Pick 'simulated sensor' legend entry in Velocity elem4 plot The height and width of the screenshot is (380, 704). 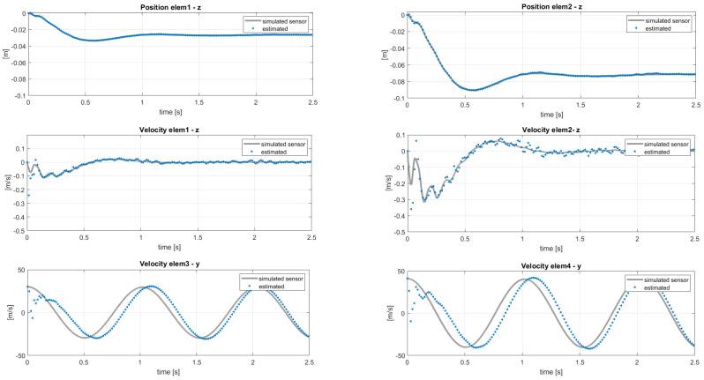click(x=661, y=279)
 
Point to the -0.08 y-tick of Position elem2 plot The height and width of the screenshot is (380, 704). click(x=392, y=80)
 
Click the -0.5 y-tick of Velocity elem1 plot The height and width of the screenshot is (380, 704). click(x=18, y=232)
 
